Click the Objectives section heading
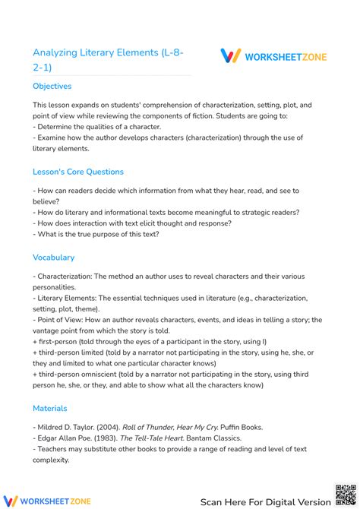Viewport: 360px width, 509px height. click(52, 87)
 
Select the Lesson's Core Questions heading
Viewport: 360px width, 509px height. click(78, 172)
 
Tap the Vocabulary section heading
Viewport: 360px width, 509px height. click(53, 258)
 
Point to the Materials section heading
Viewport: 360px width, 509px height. click(50, 408)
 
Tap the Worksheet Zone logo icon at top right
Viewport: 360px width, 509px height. click(230, 55)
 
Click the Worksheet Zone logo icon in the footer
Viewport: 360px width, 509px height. click(11, 501)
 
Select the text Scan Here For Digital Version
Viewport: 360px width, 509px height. click(265, 501)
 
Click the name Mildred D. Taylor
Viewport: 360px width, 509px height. click(63, 428)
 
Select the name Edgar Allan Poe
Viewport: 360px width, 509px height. click(59, 438)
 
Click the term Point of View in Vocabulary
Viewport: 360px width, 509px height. click(62, 320)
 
